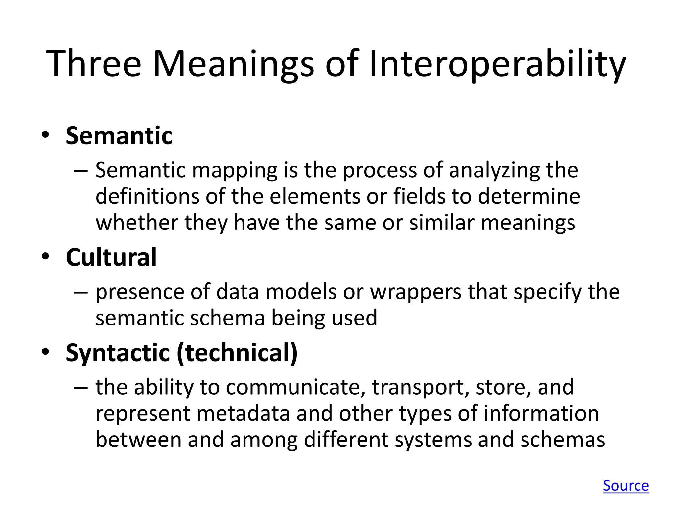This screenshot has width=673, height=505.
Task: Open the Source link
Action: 626,485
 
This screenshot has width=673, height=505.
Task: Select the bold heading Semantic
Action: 119,135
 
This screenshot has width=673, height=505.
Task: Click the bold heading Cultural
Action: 111,257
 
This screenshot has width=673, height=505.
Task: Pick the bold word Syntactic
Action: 118,353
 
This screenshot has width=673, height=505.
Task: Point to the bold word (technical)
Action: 237,353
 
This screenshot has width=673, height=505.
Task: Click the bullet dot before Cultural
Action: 45,256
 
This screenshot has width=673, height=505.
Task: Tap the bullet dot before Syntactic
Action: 45,352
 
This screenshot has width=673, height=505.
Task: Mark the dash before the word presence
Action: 81,292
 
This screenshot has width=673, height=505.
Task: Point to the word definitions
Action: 147,196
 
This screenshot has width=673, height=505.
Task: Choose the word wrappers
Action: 416,292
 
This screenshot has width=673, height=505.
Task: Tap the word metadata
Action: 243,413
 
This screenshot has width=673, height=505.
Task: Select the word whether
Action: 137,223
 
